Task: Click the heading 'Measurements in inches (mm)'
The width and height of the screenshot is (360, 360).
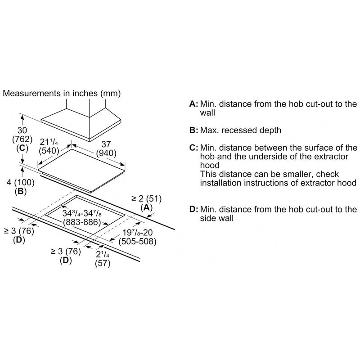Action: click(62, 94)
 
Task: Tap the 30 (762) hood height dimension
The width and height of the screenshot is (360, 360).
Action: click(22, 133)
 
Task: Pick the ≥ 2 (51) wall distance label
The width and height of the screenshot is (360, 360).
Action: click(146, 198)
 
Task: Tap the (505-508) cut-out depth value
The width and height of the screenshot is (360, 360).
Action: click(137, 242)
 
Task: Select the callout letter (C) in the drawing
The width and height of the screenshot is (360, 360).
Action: click(21, 148)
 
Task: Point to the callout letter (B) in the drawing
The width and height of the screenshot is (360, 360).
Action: click(21, 191)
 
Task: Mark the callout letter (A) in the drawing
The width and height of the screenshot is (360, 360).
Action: click(147, 207)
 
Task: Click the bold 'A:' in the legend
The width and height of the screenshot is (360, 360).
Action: click(193, 104)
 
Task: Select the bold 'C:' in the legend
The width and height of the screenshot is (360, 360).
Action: click(193, 148)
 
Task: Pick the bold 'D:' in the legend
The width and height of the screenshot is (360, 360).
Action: click(193, 209)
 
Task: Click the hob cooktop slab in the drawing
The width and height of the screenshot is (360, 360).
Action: click(81, 169)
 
